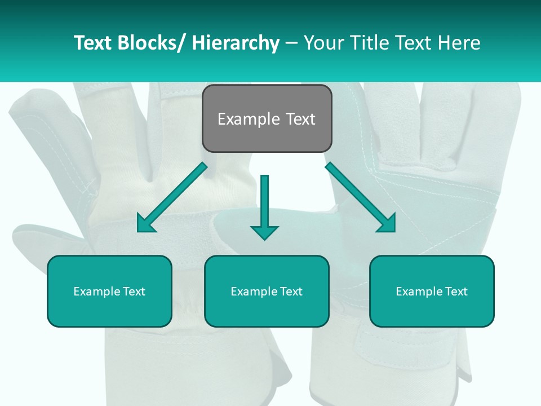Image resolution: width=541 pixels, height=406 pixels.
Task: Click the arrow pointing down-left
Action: (172, 197)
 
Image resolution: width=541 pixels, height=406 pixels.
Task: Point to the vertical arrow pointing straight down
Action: (264, 206)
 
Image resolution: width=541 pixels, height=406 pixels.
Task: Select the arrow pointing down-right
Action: (361, 197)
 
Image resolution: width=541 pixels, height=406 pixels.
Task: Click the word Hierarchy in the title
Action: (236, 43)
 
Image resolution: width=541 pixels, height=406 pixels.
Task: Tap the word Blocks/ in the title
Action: (152, 43)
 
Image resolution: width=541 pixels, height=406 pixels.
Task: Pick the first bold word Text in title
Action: (94, 43)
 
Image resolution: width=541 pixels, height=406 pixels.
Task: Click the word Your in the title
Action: (325, 43)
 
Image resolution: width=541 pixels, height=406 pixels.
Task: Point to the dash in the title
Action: (291, 43)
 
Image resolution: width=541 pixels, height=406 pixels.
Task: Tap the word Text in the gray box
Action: (299, 120)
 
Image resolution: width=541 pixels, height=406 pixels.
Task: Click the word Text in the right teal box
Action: (455, 292)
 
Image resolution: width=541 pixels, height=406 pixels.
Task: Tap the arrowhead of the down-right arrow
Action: (387, 223)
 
